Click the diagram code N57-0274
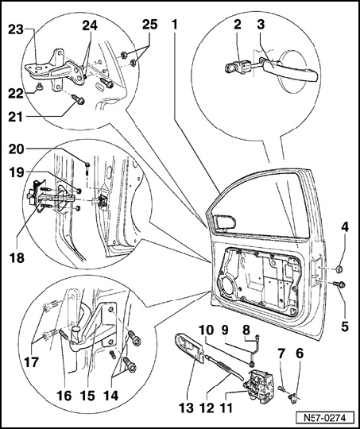[x=324, y=418]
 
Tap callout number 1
[x=175, y=25]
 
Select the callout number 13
[x=186, y=408]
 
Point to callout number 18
[x=17, y=257]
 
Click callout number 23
[x=16, y=30]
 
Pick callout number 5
[x=345, y=327]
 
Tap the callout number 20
[x=17, y=149]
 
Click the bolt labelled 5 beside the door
[x=339, y=285]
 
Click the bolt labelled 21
[x=79, y=100]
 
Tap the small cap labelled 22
[x=40, y=86]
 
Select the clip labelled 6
[x=293, y=397]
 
